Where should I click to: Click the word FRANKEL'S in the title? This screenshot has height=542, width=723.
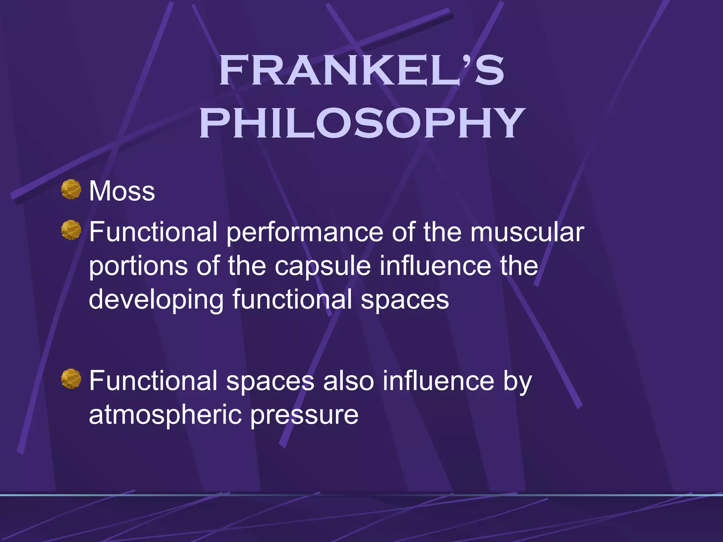click(x=361, y=71)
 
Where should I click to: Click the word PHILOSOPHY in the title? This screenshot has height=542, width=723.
click(x=361, y=124)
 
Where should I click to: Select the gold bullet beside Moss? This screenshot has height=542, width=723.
click(x=71, y=189)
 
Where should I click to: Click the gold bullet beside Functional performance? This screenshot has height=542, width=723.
click(x=71, y=230)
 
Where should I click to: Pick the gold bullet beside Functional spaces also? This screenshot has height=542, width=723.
click(x=71, y=379)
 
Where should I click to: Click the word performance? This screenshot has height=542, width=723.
click(x=305, y=233)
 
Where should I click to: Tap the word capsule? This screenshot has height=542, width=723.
click(x=323, y=266)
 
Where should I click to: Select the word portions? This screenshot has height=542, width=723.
click(x=138, y=266)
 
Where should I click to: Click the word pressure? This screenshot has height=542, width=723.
click(x=304, y=415)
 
